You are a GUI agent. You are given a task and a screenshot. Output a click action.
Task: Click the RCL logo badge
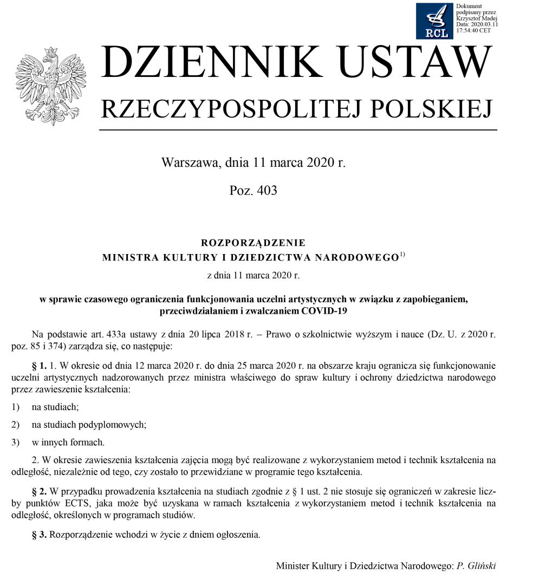point(434,21)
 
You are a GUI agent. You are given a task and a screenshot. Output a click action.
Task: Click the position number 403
point(265,191)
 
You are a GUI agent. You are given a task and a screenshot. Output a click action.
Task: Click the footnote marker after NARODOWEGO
point(402,255)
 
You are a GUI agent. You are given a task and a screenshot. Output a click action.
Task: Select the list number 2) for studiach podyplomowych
point(16,425)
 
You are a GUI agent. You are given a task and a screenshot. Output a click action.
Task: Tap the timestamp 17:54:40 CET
point(474,31)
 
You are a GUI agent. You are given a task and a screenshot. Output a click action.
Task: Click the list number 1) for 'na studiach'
point(16,407)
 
